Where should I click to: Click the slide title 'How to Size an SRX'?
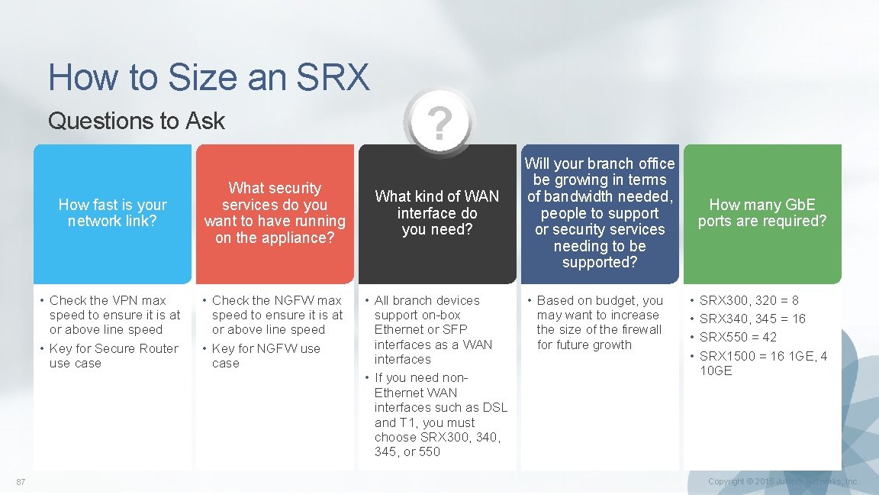click(208, 77)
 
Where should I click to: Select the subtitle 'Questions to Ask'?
click(137, 121)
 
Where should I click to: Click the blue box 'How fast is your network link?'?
click(112, 213)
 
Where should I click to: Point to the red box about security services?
click(275, 213)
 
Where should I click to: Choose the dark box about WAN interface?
click(437, 213)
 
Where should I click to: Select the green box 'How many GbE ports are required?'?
click(762, 213)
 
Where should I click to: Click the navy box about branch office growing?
click(600, 213)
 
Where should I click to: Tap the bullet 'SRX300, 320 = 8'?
click(749, 300)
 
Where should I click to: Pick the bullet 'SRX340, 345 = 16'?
click(752, 319)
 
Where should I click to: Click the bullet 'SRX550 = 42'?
click(737, 337)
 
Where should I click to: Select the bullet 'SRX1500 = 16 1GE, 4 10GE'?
click(762, 363)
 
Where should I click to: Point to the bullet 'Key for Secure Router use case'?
click(114, 356)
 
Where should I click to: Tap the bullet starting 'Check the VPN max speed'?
click(114, 315)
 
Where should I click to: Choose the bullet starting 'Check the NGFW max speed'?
click(277, 315)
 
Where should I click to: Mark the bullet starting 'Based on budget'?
click(599, 322)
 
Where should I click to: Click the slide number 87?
click(21, 481)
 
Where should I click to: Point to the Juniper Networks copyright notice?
click(783, 481)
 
